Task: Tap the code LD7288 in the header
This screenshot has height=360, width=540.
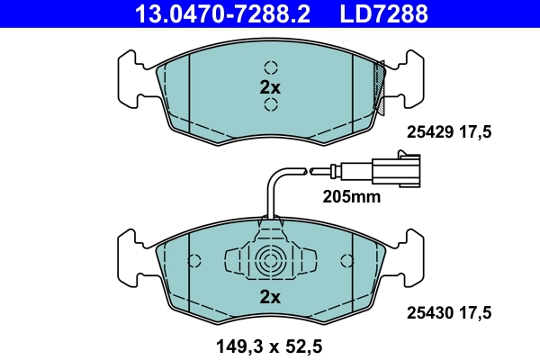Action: pos(382,14)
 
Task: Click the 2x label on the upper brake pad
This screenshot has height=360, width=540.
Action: pos(270,87)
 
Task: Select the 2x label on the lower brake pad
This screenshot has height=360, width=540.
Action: pos(270,296)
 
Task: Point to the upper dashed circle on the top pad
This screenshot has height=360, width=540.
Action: pos(270,67)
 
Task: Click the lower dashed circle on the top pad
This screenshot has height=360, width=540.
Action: pos(270,106)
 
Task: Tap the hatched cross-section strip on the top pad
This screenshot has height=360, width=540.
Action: pos(382,86)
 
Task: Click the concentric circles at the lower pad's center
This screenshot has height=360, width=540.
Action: pos(270,263)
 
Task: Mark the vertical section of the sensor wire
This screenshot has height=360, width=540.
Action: pos(269,197)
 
